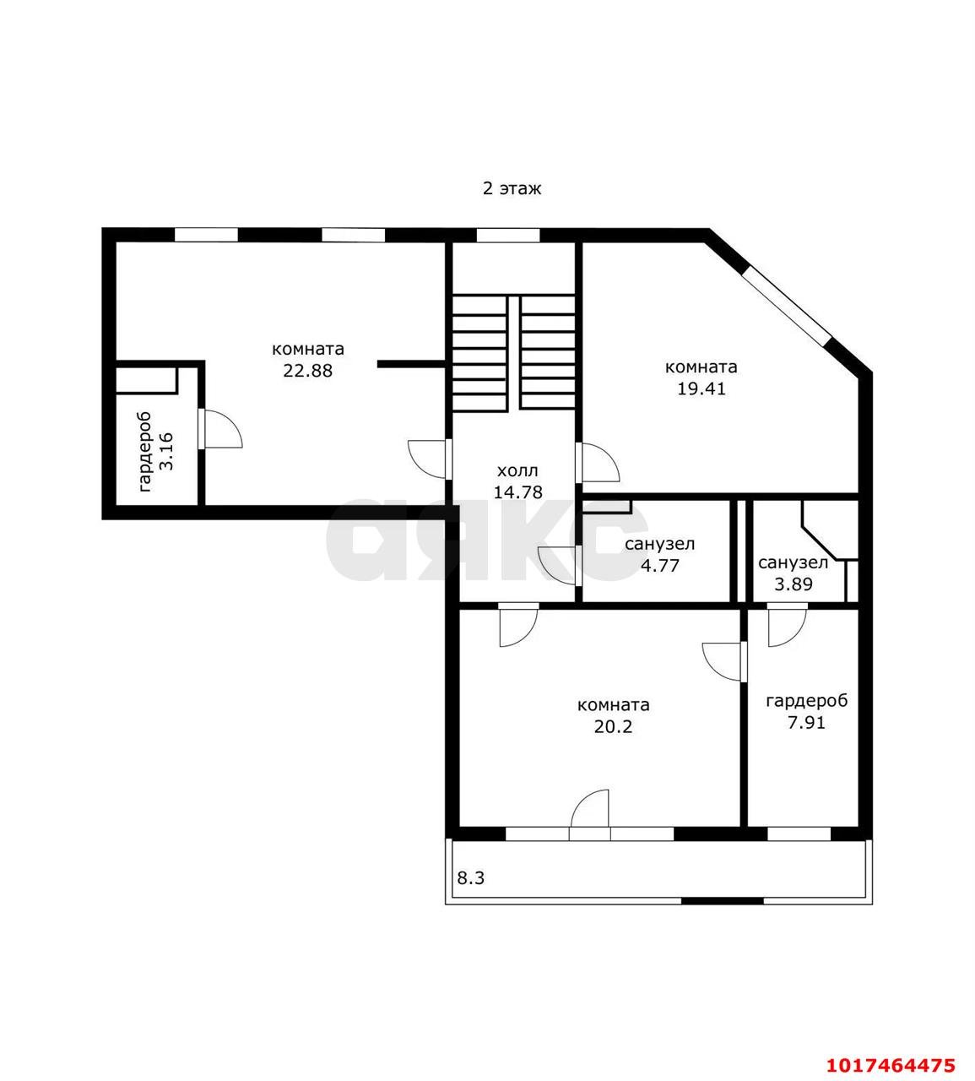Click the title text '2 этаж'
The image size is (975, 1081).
(x=512, y=189)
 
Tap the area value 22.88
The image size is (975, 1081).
(x=307, y=371)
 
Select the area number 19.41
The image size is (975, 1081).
(x=701, y=388)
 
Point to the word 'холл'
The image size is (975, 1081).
(x=517, y=471)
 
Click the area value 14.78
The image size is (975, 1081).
(x=517, y=492)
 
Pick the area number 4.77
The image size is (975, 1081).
(x=660, y=565)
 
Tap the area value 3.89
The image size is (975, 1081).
(x=793, y=584)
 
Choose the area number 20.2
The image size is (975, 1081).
(x=613, y=727)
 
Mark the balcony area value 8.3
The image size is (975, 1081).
(x=471, y=878)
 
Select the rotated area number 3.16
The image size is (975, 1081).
(x=166, y=452)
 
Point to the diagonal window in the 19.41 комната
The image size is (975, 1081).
(x=786, y=306)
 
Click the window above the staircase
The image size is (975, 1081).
(x=508, y=236)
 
